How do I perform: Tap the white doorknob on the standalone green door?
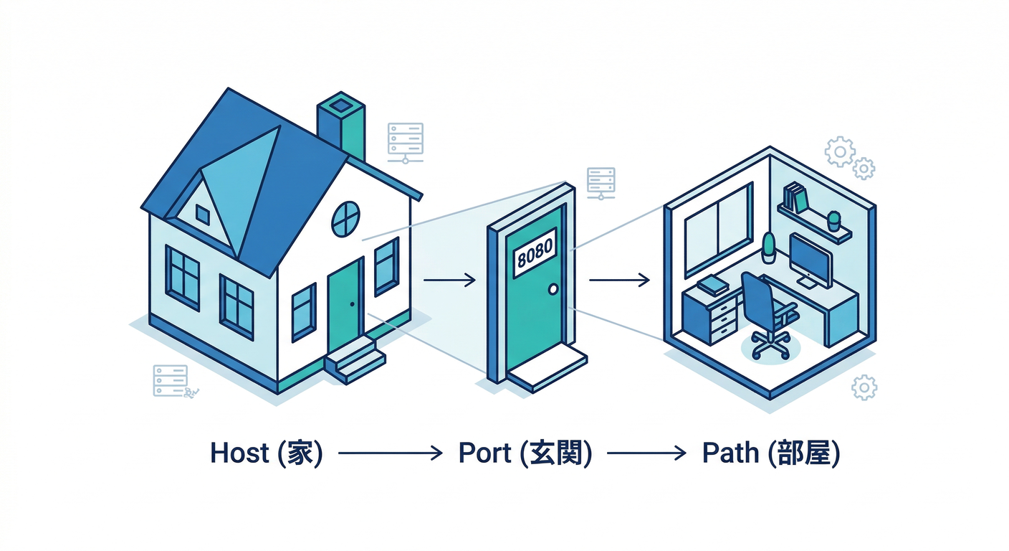pos(553,289)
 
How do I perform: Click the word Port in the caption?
pos(485,453)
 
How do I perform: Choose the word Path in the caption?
pos(730,453)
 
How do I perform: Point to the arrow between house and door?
pos(449,281)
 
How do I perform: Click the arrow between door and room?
pos(619,281)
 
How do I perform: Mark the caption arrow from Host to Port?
pos(390,453)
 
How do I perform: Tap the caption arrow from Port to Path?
pos(646,453)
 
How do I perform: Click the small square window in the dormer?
pos(203,215)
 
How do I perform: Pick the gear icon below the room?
pos(864,387)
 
